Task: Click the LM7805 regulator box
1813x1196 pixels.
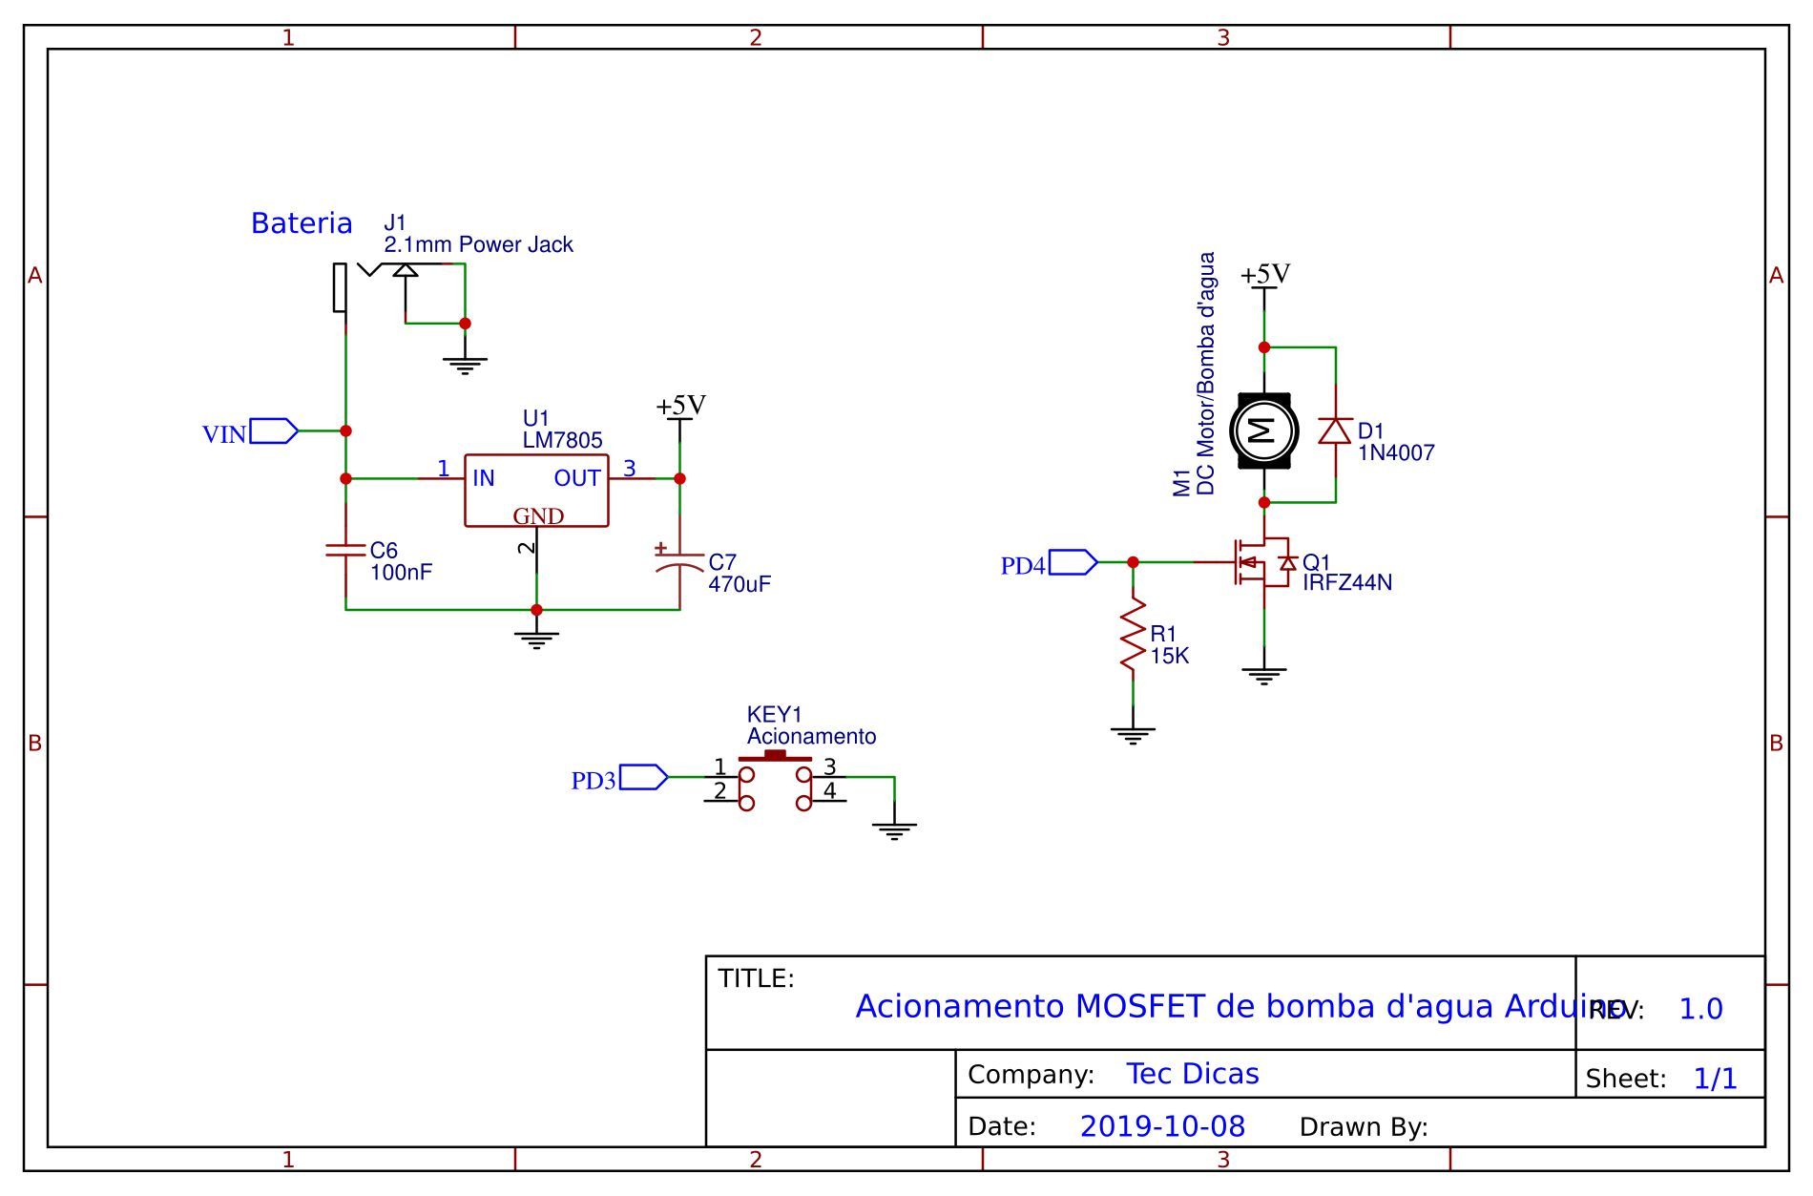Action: tap(536, 490)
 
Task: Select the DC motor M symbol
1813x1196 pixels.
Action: tap(1263, 430)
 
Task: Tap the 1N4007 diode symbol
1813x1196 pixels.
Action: tap(1335, 430)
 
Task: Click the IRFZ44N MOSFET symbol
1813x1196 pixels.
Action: tap(1260, 563)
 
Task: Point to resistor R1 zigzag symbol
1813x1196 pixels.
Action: tap(1133, 634)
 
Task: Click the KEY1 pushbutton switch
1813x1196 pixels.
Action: tap(775, 780)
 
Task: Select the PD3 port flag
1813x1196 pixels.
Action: tap(643, 778)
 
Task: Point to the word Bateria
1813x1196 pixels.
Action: tap(302, 223)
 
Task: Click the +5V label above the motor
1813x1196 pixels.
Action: tap(1265, 275)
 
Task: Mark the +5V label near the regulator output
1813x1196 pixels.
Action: tap(680, 406)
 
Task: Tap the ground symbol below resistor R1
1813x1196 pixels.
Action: tap(1133, 735)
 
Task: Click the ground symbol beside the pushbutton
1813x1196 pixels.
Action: tap(894, 830)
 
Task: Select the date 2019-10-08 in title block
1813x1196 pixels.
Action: tap(1162, 1126)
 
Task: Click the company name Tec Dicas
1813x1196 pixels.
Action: tap(1193, 1074)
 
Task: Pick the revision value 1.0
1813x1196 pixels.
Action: tap(1700, 1009)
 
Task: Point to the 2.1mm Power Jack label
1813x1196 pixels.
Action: tap(478, 244)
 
